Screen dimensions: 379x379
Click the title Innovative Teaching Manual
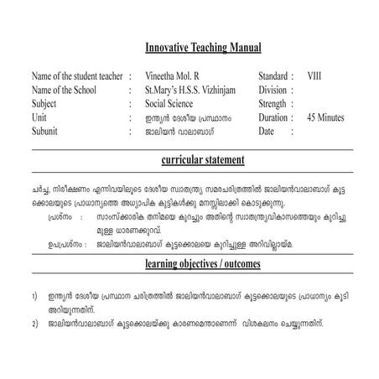click(203, 48)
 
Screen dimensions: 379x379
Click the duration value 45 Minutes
click(325, 117)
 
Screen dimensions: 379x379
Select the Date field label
click(267, 132)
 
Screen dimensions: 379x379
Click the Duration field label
click(275, 117)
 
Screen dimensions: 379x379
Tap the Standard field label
click(274, 75)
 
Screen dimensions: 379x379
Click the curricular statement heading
click(202, 159)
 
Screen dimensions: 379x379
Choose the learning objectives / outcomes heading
click(202, 265)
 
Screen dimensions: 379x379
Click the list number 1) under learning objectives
click(34, 296)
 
